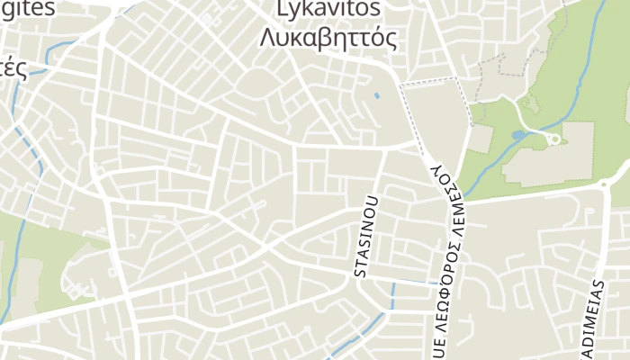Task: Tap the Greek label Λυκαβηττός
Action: pyautogui.click(x=328, y=38)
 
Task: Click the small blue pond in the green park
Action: pyautogui.click(x=517, y=136)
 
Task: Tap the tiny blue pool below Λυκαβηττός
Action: pyautogui.click(x=376, y=94)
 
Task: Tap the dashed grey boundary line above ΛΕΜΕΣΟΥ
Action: pyautogui.click(x=432, y=85)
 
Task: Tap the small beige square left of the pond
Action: pyautogui.click(x=481, y=139)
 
